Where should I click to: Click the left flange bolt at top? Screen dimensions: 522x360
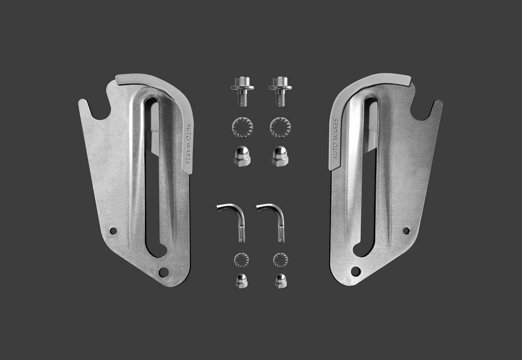click(243, 91)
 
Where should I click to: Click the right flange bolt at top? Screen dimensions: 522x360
click(281, 91)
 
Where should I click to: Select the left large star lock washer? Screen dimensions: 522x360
click(243, 128)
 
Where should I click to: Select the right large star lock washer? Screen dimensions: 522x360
click(280, 128)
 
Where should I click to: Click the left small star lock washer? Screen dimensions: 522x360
click(241, 260)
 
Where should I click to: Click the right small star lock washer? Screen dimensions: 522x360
click(281, 260)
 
